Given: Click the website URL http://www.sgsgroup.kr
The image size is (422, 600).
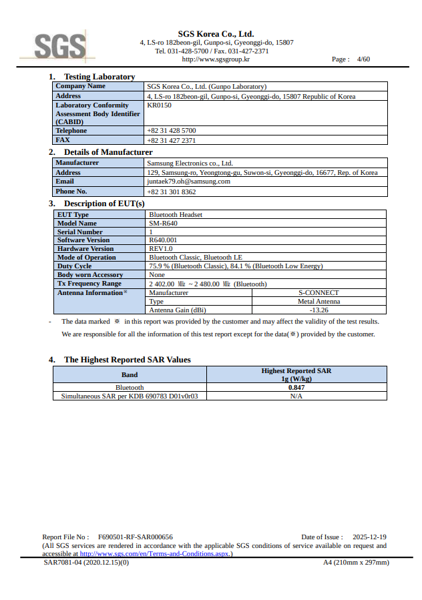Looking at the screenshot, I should click(x=216, y=59).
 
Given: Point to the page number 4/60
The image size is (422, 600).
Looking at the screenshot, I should click(x=363, y=59).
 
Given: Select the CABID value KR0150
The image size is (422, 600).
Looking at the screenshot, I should click(x=159, y=105).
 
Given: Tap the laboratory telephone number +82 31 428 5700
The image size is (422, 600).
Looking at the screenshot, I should click(x=171, y=131).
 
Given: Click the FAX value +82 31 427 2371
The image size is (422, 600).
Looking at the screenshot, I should click(x=171, y=140).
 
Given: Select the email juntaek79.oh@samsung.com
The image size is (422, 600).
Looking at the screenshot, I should click(x=188, y=182).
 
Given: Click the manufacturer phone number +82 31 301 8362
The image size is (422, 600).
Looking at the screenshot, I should click(x=171, y=192).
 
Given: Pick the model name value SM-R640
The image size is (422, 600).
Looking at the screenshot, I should click(x=163, y=224).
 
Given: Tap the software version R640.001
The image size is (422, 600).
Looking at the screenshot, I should click(x=163, y=240).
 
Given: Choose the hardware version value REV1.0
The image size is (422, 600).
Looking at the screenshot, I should click(x=161, y=249).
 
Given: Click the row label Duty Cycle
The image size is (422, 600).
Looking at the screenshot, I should click(x=75, y=266).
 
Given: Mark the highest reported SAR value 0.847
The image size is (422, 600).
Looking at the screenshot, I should click(x=296, y=387).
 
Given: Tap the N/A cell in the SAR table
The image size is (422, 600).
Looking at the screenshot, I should click(x=296, y=396).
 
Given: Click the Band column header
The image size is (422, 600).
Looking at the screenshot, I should click(x=130, y=374).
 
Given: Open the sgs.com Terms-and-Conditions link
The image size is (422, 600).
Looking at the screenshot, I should click(x=156, y=554).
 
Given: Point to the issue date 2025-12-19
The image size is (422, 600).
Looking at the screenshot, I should click(x=369, y=537).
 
